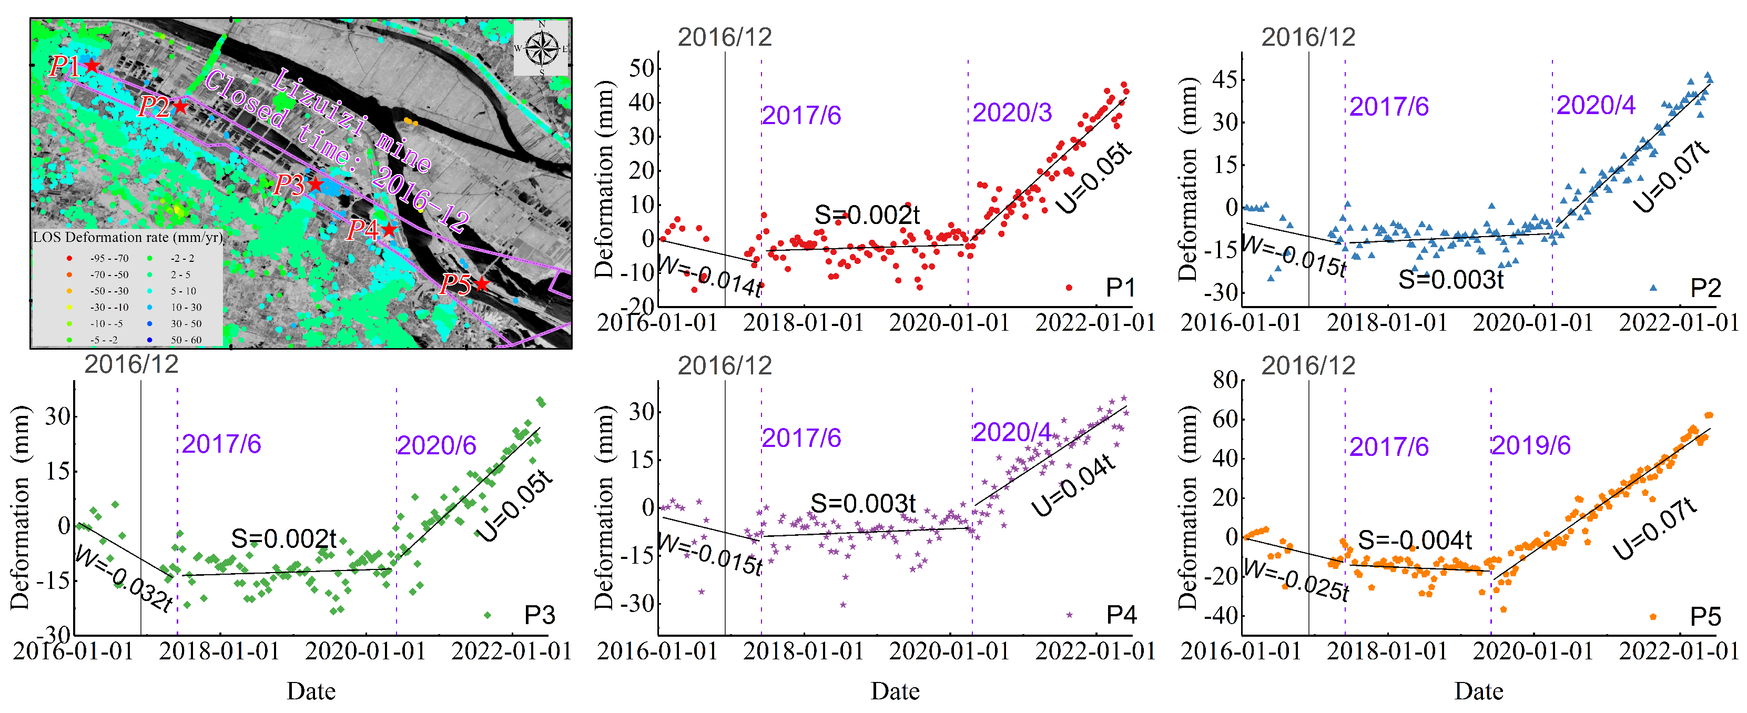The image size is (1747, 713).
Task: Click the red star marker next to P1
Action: pos(92,66)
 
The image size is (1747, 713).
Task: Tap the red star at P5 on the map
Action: pos(482,283)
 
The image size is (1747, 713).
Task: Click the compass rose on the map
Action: pos(541,47)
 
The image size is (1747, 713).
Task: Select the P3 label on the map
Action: pos(288,185)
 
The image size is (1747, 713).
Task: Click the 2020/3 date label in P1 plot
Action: pos(1012,113)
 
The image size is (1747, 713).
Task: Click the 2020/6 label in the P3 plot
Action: pos(436,446)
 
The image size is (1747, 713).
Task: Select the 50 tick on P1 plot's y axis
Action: pos(642,68)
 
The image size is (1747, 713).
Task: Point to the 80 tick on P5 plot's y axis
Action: pos(1225,380)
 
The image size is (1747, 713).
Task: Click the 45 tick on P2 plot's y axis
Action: pos(1225,79)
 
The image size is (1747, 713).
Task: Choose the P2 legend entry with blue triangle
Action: pos(1689,288)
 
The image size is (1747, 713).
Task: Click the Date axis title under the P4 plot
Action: pos(895,691)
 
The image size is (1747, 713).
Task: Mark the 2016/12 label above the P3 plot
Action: pos(131,365)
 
